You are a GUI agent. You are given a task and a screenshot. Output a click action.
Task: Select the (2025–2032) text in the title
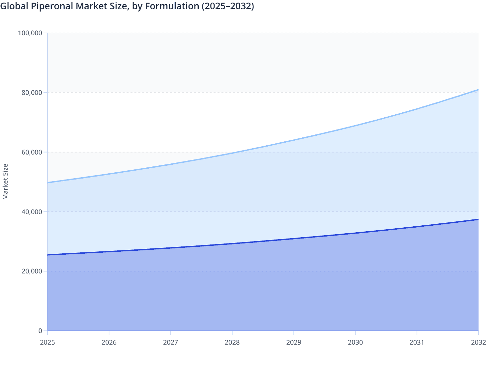[228, 6]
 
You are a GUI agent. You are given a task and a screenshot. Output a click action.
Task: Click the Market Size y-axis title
[6, 182]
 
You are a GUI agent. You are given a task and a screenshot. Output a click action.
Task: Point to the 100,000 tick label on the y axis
[30, 33]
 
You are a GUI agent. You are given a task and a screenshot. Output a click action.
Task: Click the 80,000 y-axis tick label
[32, 93]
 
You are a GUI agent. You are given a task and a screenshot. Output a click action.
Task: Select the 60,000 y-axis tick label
[32, 152]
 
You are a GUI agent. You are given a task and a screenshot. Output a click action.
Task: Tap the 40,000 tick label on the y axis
[32, 212]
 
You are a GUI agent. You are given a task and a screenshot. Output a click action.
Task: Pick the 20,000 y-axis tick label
[32, 271]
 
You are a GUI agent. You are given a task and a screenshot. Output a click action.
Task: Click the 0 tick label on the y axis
[40, 331]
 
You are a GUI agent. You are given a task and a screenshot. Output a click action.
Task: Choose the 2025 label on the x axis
[47, 343]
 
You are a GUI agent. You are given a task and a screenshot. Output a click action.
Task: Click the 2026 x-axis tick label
[109, 343]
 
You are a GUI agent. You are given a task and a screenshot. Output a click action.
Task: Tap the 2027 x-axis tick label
[171, 343]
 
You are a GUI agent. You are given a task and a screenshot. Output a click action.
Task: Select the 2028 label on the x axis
[232, 343]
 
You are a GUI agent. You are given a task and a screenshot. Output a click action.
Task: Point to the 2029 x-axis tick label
[294, 343]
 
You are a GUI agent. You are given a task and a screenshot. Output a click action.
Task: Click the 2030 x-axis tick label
[355, 343]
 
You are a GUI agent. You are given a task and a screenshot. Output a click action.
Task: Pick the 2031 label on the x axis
[417, 343]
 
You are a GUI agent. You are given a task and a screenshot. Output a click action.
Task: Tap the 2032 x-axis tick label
[478, 343]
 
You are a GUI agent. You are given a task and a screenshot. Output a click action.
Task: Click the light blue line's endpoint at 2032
[478, 90]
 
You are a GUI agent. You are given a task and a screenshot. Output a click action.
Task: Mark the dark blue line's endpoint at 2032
[478, 219]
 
